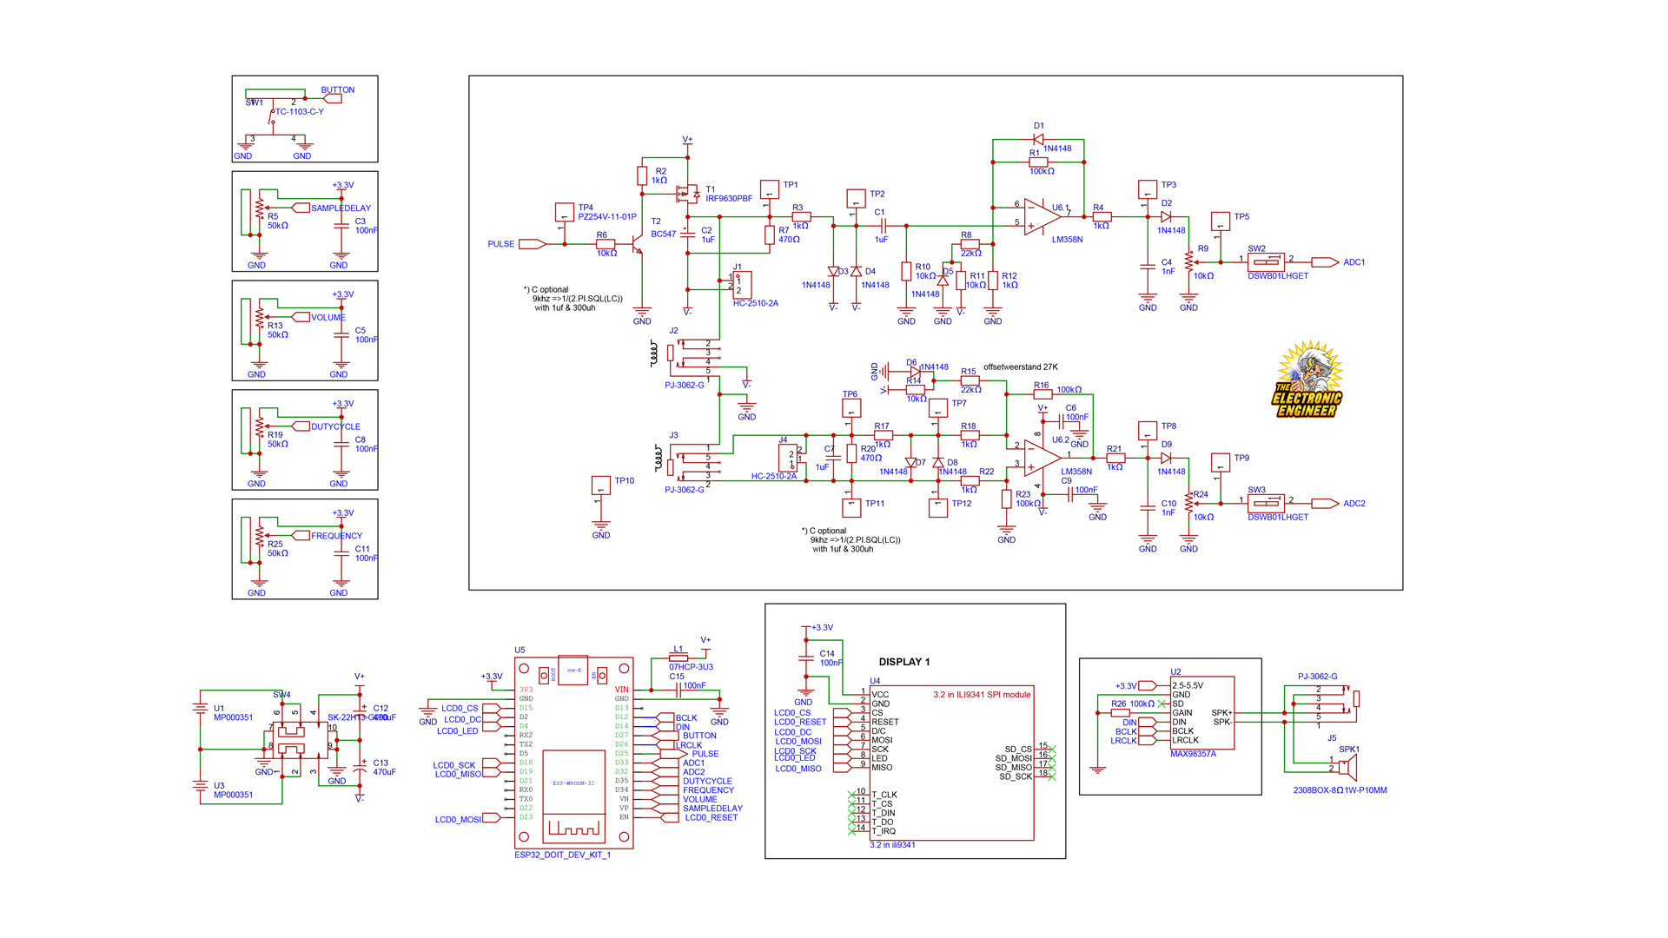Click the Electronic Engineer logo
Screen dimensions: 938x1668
pyautogui.click(x=1307, y=380)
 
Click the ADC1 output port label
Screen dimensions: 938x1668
pyautogui.click(x=1354, y=262)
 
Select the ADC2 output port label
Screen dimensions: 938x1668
pyautogui.click(x=1354, y=504)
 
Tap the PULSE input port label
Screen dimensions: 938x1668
pyautogui.click(x=501, y=244)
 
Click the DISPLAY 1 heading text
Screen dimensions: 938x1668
pyautogui.click(x=903, y=662)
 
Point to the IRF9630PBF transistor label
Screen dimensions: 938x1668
pyautogui.click(x=728, y=199)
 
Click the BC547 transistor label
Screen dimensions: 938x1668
pyautogui.click(x=663, y=234)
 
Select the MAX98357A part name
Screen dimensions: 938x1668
pyautogui.click(x=1193, y=754)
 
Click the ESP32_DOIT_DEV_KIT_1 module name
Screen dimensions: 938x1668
pyautogui.click(x=562, y=855)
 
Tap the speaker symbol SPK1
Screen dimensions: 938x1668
pyautogui.click(x=1347, y=767)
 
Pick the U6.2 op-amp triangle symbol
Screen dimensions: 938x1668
pyautogui.click(x=1039, y=458)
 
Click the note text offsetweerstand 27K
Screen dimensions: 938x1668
pyautogui.click(x=1020, y=367)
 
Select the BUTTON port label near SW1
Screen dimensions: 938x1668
pyautogui.click(x=337, y=90)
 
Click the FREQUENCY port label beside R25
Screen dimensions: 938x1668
pyautogui.click(x=336, y=536)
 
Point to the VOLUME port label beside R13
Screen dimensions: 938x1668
pyautogui.click(x=328, y=318)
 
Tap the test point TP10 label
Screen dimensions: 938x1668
pyautogui.click(x=624, y=480)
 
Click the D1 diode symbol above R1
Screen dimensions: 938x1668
pyautogui.click(x=1038, y=139)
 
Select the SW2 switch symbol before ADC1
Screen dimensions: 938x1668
pyautogui.click(x=1265, y=261)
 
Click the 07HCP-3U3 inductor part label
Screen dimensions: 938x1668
pyautogui.click(x=691, y=667)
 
